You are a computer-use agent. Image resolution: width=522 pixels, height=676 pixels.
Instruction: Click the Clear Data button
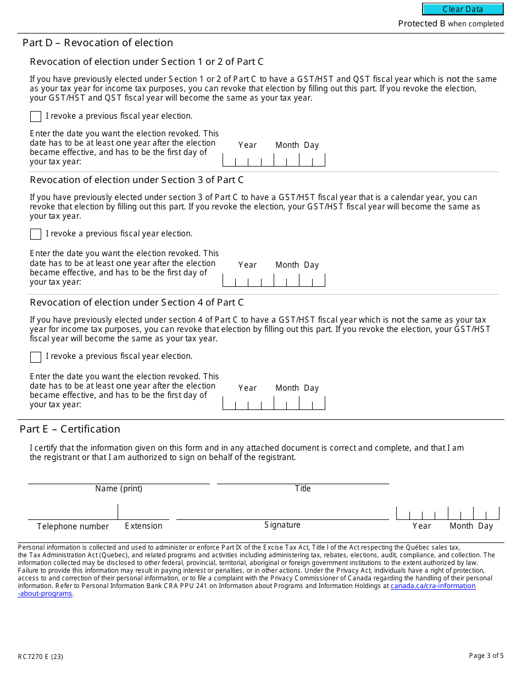463,9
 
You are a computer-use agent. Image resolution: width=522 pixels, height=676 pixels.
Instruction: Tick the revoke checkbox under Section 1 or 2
36,117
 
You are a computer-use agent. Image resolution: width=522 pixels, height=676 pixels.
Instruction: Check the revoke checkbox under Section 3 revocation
36,234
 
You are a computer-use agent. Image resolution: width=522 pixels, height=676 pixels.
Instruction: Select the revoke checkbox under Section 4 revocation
36,357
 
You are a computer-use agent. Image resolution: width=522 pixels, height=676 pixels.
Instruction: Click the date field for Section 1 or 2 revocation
274,160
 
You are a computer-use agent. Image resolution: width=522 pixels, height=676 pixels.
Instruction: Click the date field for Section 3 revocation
274,280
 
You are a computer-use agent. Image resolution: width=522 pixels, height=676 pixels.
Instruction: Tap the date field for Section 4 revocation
274,403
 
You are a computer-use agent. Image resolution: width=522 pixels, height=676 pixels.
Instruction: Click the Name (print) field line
119,478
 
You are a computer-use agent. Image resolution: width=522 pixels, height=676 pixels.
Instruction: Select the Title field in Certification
303,478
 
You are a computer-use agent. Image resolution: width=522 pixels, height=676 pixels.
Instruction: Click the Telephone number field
73,513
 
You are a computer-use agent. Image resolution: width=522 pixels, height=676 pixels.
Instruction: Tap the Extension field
143,513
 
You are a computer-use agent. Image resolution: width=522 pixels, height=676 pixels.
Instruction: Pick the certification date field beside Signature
447,513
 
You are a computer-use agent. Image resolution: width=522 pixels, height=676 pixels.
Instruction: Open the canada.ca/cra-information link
433,586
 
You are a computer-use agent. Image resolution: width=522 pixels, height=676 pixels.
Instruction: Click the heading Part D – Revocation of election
98,43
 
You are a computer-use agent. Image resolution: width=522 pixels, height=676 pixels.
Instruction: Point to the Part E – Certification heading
70,429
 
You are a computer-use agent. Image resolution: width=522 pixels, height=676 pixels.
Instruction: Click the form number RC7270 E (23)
40,657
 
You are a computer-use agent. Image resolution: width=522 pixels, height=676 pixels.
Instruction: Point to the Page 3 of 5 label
486,656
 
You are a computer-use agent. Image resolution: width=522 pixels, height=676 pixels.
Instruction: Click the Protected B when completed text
451,24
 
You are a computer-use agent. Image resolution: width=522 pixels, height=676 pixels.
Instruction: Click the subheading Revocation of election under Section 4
137,302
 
